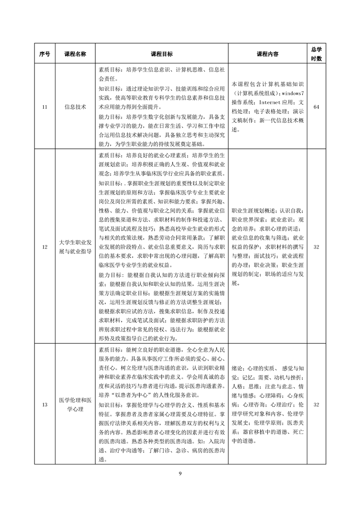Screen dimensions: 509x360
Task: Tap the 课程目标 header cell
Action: point(161,54)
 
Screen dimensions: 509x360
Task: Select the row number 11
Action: point(44,107)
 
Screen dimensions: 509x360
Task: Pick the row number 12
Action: point(44,247)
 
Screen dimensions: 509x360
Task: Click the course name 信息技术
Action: point(75,107)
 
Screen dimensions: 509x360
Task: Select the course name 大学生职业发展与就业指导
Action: point(75,247)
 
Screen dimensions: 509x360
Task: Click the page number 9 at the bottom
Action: point(180,474)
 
